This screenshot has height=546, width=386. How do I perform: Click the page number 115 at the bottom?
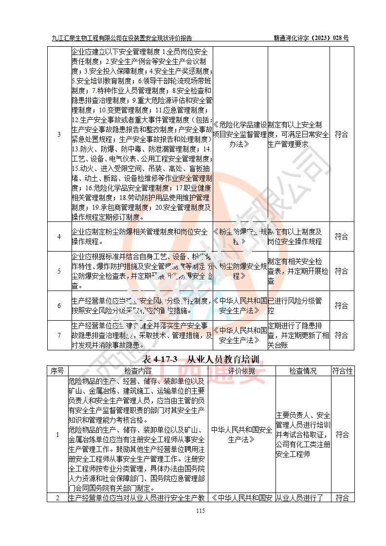[x=200, y=510]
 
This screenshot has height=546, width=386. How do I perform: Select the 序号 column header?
[x=57, y=371]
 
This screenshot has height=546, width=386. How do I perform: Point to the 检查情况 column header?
[x=303, y=371]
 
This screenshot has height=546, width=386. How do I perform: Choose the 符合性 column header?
[x=342, y=371]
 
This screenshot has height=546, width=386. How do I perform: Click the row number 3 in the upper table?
[x=59, y=134]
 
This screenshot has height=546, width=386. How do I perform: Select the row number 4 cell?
[x=59, y=237]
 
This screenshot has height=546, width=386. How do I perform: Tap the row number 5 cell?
[x=59, y=271]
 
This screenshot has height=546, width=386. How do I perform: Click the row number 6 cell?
[x=59, y=306]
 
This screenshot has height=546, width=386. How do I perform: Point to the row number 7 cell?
[x=59, y=335]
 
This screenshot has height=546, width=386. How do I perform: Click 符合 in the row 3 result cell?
[x=342, y=134]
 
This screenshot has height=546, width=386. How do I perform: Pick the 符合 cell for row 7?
[x=342, y=335]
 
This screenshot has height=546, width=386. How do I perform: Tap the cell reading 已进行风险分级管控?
[x=298, y=306]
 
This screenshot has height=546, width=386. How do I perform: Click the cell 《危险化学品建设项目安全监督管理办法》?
[x=240, y=134]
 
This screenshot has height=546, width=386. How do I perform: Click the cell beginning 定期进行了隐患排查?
[x=298, y=335]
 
